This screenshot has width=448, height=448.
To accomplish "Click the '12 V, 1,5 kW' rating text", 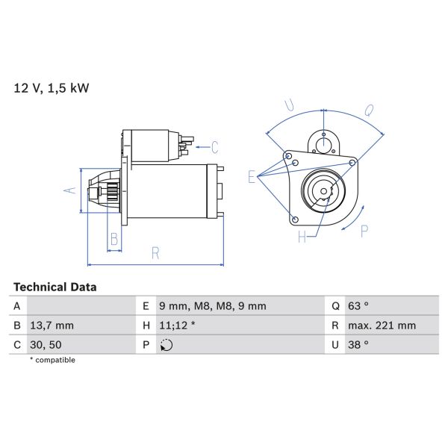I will pos(52,88).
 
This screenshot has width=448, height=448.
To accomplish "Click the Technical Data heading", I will pos(55,287).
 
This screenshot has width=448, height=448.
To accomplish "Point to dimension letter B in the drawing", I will pos(114,239).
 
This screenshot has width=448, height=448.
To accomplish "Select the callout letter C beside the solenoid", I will pos(214,146).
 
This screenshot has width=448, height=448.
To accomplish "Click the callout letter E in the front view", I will pos(253,176).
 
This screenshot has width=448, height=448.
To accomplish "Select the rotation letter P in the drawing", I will pos(364,231).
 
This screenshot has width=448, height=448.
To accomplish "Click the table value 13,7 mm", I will pos(52,326).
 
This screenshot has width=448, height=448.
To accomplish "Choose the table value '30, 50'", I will pos(46,345).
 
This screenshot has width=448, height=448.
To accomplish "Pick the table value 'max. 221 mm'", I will pos(383,326).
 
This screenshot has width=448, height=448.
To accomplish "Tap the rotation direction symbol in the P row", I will pos(166,345).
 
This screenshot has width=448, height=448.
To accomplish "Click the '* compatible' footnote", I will pos(52,360).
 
